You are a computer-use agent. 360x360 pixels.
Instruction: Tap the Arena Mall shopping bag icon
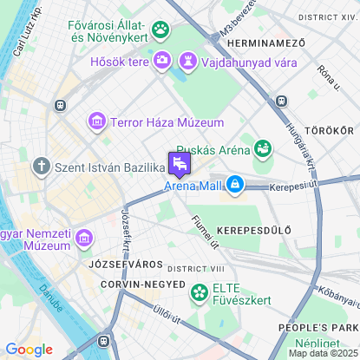(x=234, y=183)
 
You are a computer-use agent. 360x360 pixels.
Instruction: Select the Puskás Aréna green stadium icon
(x=262, y=147)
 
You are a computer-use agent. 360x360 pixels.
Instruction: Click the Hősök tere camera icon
(x=161, y=61)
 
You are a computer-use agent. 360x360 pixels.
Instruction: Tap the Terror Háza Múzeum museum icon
(x=97, y=122)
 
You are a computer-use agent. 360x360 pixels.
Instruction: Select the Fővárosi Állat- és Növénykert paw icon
(x=160, y=31)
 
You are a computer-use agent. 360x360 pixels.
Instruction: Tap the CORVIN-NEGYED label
(x=143, y=284)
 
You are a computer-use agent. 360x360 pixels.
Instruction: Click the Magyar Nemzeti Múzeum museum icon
(x=84, y=237)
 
